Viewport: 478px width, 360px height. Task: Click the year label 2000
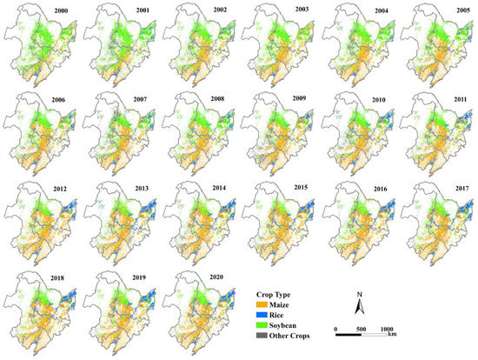62,10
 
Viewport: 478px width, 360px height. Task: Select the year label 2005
458,10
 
